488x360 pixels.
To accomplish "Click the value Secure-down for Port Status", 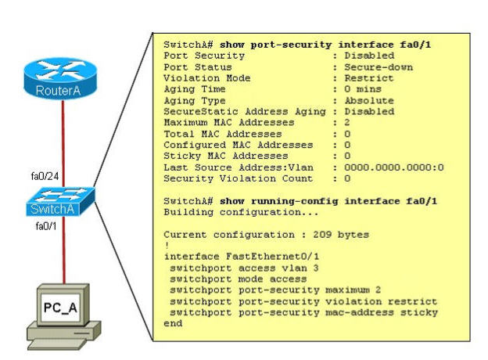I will point(373,67).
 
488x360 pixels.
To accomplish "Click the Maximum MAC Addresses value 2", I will point(346,123).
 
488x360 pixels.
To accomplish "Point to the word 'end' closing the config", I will point(173,322).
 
